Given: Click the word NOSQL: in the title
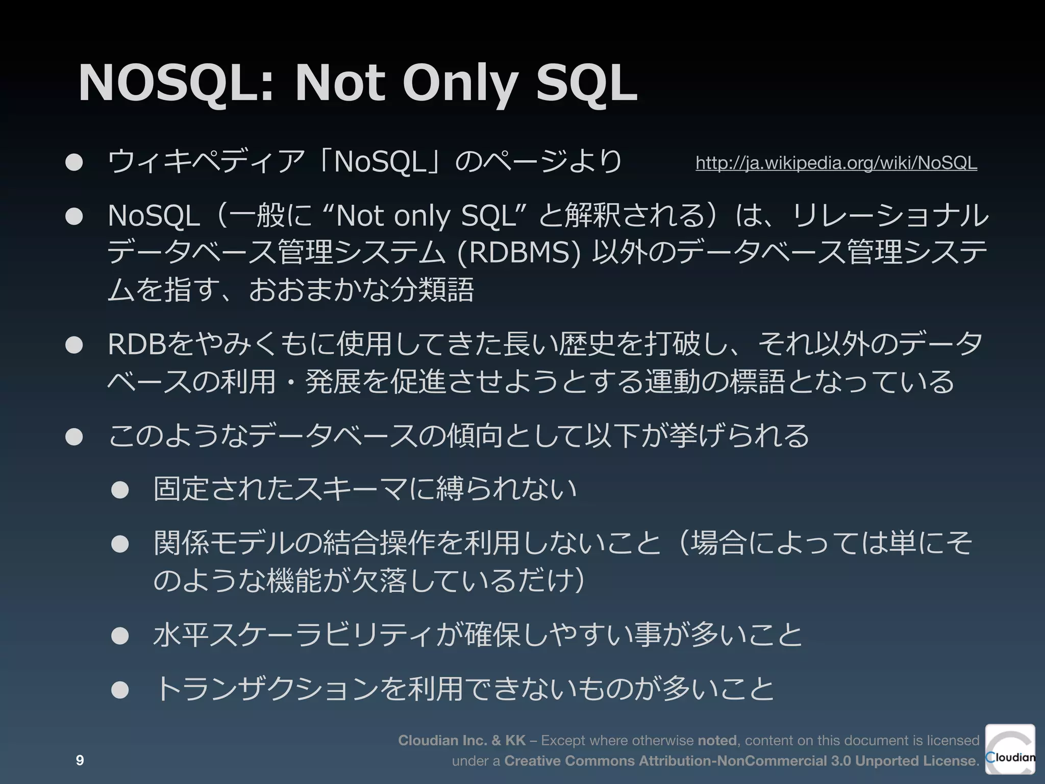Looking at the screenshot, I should tap(176, 84).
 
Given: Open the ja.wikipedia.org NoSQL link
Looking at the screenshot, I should tap(836, 163).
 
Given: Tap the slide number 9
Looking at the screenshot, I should tap(80, 761).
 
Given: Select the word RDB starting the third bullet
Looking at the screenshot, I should tap(137, 345).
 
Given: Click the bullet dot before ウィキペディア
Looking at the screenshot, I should tap(74, 162).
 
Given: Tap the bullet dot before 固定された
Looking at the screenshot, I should tap(120, 490).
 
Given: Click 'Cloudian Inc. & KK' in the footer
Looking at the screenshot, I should tap(462, 740).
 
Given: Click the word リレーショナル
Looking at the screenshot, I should tap(890, 216).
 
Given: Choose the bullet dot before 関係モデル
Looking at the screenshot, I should tap(120, 544).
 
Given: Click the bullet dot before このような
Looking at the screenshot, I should tap(74, 437).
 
